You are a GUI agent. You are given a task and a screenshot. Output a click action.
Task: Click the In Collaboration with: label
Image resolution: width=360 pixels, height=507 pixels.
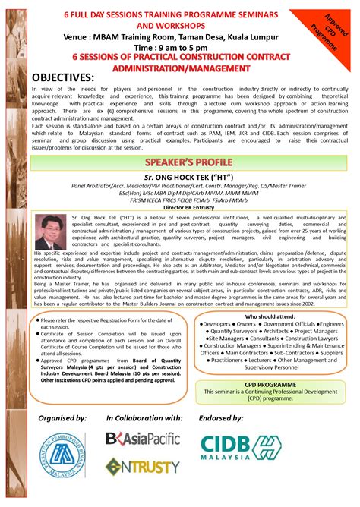pyautogui.click(x=144, y=419)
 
